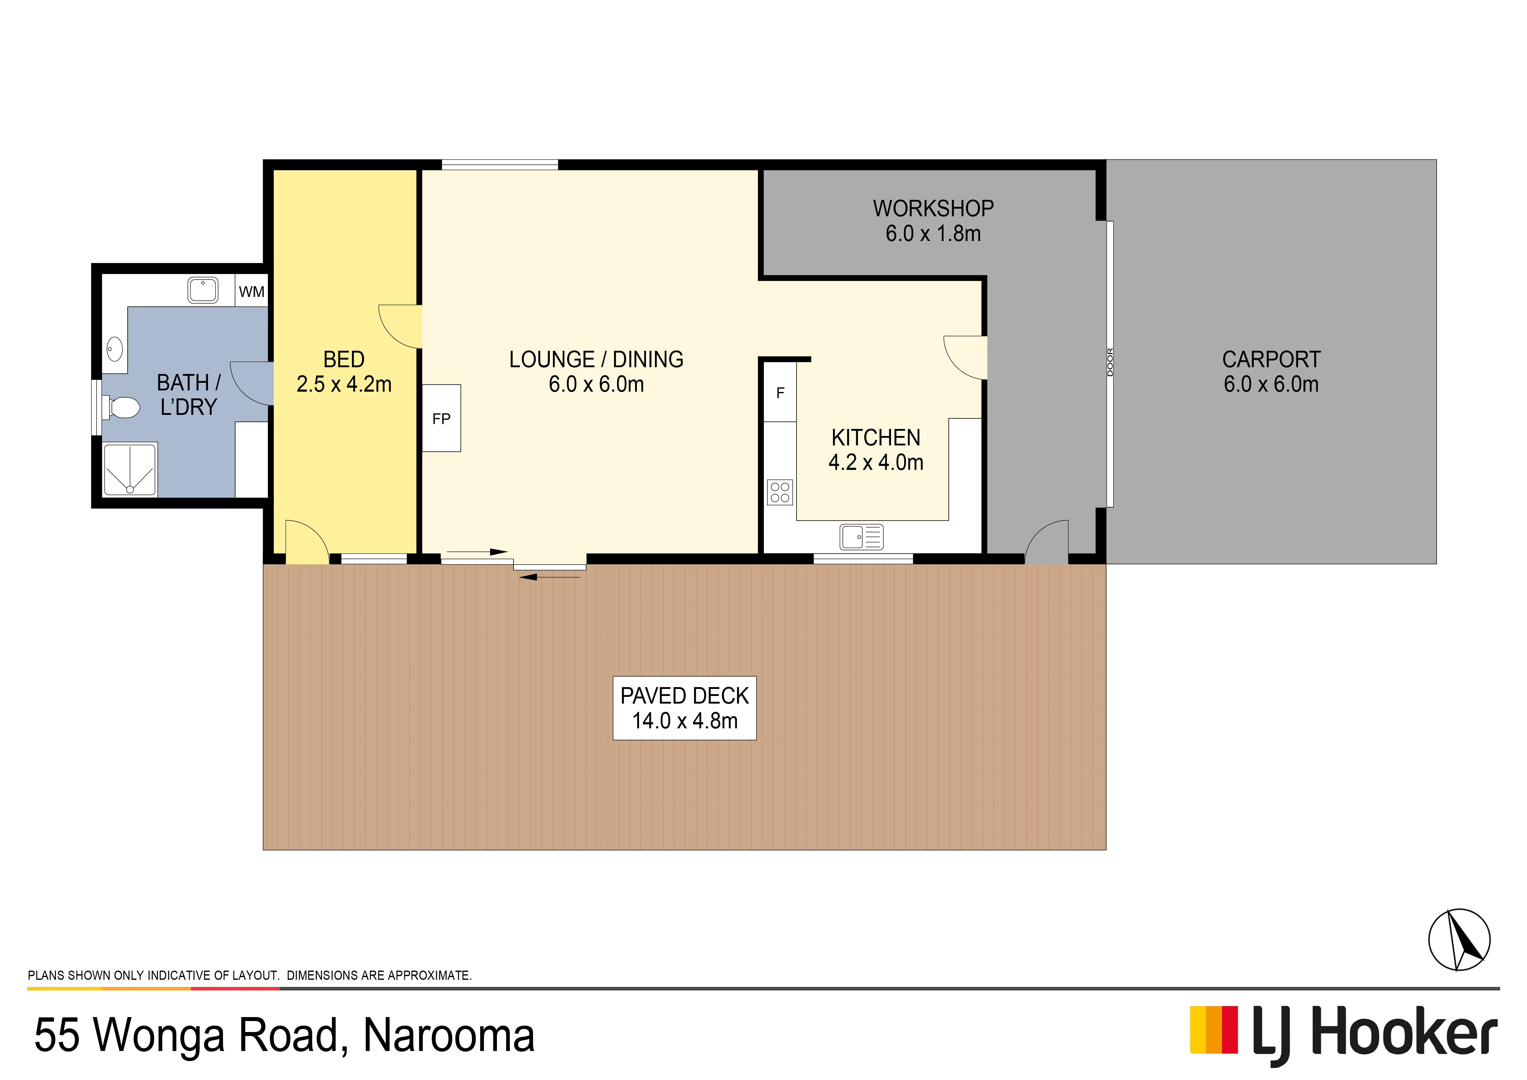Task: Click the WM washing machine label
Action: pyautogui.click(x=251, y=292)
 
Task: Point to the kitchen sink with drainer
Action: pyautogui.click(x=861, y=537)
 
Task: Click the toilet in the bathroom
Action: pyautogui.click(x=121, y=407)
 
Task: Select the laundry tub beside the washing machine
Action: pyautogui.click(x=203, y=291)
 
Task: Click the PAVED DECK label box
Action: pyautogui.click(x=684, y=708)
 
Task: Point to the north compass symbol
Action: pyautogui.click(x=1459, y=940)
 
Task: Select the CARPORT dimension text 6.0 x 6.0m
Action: pyautogui.click(x=1271, y=384)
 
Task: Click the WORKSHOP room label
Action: pyautogui.click(x=933, y=209)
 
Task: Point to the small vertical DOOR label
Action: pyautogui.click(x=1109, y=362)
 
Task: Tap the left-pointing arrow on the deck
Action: pyautogui.click(x=549, y=577)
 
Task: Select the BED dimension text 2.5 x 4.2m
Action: pyautogui.click(x=344, y=384)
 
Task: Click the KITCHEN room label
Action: pyautogui.click(x=876, y=437)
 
